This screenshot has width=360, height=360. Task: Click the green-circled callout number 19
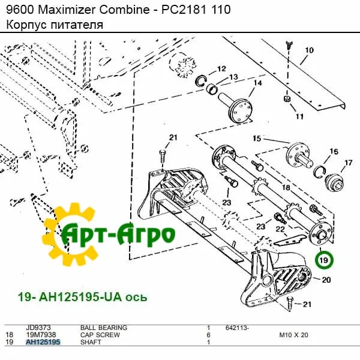(x=323, y=260)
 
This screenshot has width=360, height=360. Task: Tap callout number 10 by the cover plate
(x=309, y=50)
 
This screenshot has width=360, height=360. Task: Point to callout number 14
(x=257, y=83)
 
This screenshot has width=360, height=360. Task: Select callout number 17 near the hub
(x=348, y=163)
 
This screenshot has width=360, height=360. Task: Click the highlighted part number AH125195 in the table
(x=43, y=342)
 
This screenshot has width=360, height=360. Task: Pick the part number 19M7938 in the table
(x=41, y=335)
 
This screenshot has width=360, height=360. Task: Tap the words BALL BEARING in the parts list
(x=104, y=328)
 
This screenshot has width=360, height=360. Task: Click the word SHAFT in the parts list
(x=91, y=342)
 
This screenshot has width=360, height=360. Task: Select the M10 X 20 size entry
(x=293, y=335)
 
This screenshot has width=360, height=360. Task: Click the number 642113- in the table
(x=237, y=328)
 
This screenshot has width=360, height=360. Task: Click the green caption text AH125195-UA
(x=80, y=297)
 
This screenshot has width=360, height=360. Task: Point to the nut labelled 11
(x=287, y=99)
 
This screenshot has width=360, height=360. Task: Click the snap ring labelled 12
(x=201, y=81)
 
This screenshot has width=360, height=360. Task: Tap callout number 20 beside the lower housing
(x=326, y=280)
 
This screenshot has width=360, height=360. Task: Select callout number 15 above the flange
(x=257, y=138)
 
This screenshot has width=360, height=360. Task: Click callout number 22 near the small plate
(x=280, y=229)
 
